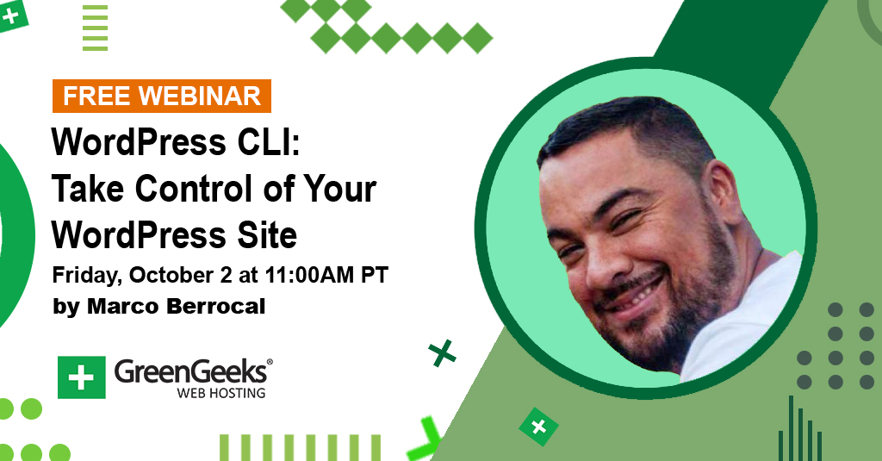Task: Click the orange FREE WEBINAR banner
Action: pyautogui.click(x=161, y=97)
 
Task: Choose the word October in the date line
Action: pyautogui.click(x=171, y=275)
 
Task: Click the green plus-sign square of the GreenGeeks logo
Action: pyautogui.click(x=82, y=377)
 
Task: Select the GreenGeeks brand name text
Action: pyautogui.click(x=191, y=372)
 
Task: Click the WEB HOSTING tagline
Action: pyautogui.click(x=221, y=393)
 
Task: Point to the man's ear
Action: pyautogui.click(x=723, y=191)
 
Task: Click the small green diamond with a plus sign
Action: pyautogui.click(x=539, y=427)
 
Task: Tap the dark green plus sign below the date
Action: pyautogui.click(x=442, y=353)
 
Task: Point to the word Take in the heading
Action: pyautogui.click(x=88, y=188)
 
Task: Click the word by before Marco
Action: pyautogui.click(x=65, y=308)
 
